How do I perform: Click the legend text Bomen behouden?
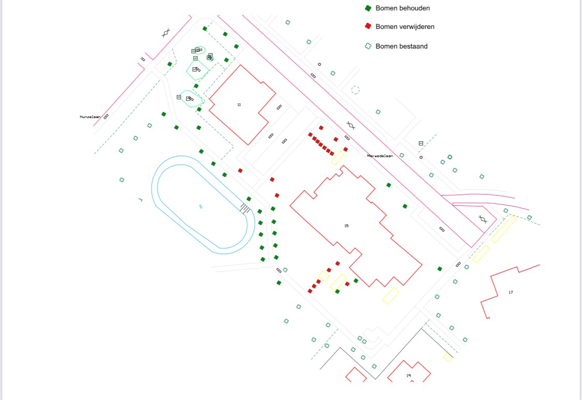[402, 8]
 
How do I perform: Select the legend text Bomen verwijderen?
[405, 26]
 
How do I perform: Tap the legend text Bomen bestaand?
[401, 46]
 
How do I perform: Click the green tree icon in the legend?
[368, 8]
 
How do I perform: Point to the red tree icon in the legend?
[368, 26]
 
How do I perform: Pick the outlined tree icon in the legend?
[368, 46]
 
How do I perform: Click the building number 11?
[239, 105]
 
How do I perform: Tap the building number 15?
[347, 226]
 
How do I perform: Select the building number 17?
[511, 293]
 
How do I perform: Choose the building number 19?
[408, 376]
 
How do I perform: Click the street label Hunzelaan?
[89, 117]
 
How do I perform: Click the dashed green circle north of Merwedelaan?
[355, 90]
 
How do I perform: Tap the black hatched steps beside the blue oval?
[245, 208]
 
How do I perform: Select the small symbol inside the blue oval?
[200, 206]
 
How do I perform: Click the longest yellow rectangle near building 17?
[503, 229]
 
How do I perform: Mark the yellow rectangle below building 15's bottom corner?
[391, 295]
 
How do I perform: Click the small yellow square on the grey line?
[447, 357]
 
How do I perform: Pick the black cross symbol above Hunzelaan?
[166, 33]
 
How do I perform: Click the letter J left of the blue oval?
[140, 199]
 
